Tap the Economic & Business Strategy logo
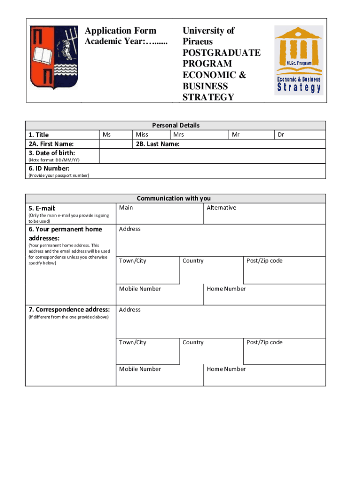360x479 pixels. pos(299,59)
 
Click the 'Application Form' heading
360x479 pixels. pos(121,31)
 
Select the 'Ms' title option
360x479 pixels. pos(107,135)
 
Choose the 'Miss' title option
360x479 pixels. pos(142,135)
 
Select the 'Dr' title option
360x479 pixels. pos(281,135)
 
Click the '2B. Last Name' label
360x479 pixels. pos(158,144)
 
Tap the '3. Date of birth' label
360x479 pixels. pos(52,153)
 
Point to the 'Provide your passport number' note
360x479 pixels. pos(59,175)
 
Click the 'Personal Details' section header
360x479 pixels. pos(176,125)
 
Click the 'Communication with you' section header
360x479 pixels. pos(174,198)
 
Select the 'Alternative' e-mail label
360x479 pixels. pos(221,208)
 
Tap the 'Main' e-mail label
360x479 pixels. pos(126,208)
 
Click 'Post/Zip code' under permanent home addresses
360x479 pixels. pos(265,261)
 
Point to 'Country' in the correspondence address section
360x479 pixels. pos(193,342)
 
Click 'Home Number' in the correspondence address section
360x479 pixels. pos(226,369)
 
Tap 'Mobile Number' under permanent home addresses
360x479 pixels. pos(140,289)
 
